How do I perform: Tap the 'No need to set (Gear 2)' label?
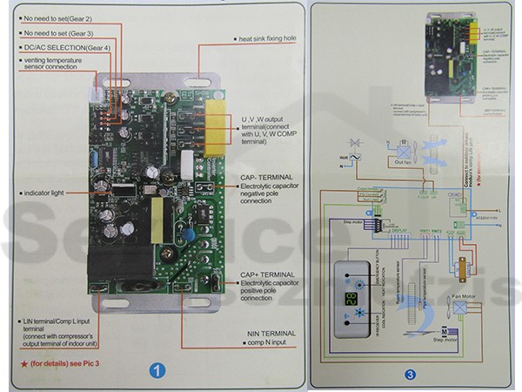tap(59, 18)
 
